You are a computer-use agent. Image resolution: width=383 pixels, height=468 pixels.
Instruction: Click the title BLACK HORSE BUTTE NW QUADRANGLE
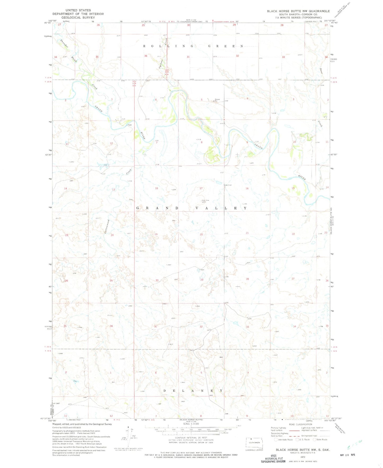click(x=298, y=11)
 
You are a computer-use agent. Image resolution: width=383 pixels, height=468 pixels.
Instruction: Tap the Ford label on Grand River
click(x=130, y=125)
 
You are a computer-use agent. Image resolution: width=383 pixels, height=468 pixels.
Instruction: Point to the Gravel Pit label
click(x=217, y=100)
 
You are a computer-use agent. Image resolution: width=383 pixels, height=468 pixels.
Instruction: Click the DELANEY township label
click(x=193, y=391)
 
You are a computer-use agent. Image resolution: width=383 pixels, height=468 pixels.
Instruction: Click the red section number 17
click(x=201, y=188)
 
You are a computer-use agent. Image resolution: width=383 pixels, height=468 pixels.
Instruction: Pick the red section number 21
click(x=247, y=233)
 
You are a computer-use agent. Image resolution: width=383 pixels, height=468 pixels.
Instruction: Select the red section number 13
click(x=114, y=190)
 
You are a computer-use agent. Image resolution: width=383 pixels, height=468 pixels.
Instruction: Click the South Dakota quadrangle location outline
click(x=254, y=442)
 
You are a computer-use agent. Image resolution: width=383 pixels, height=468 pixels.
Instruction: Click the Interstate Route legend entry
click(x=284, y=440)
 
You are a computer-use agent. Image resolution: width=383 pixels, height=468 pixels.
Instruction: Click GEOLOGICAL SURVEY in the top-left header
click(x=78, y=17)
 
